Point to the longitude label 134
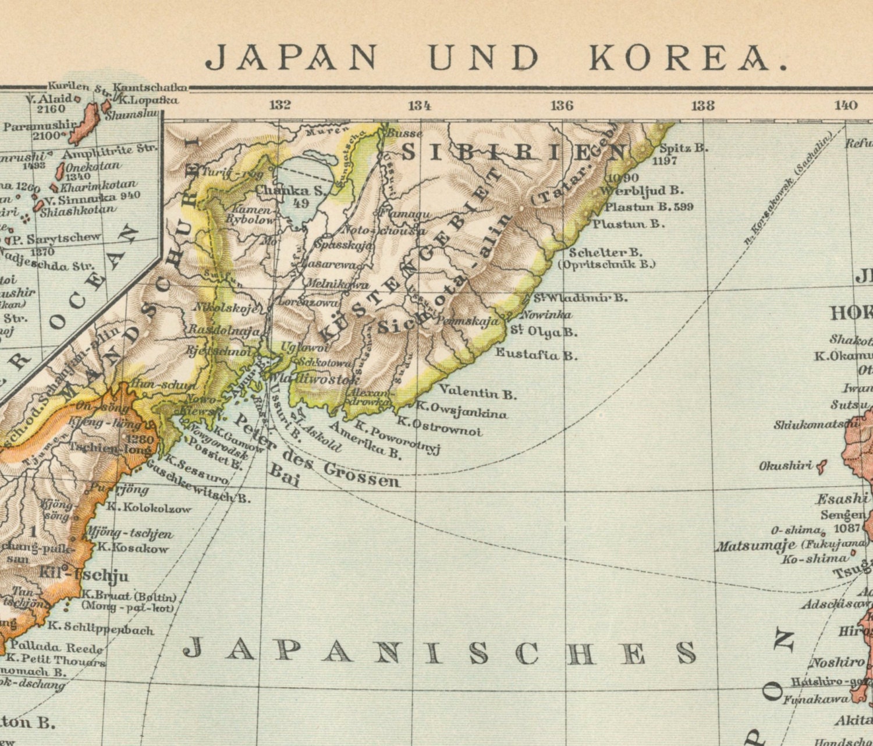(420, 105)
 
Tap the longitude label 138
(702, 105)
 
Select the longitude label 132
(279, 105)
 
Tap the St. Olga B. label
(544, 332)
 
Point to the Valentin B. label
(477, 393)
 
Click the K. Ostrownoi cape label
(439, 426)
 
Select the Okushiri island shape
(822, 465)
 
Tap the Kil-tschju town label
(84, 575)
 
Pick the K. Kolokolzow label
(148, 508)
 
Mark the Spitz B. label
(683, 148)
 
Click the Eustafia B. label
(536, 354)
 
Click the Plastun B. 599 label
(649, 207)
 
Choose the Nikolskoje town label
(225, 308)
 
